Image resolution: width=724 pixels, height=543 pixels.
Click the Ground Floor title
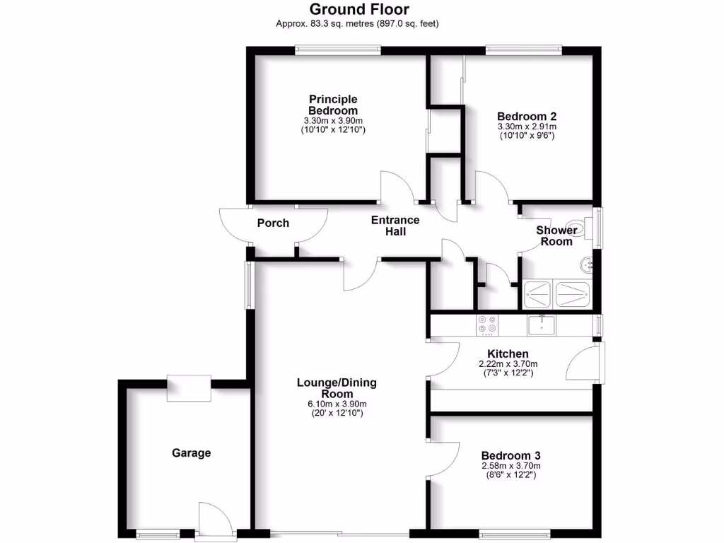tap(358, 9)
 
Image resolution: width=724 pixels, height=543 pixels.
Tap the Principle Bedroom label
tap(333, 105)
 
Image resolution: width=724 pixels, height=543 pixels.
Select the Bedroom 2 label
tap(526, 117)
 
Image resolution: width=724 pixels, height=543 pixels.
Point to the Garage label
tap(192, 452)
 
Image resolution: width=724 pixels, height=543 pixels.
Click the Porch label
tap(273, 223)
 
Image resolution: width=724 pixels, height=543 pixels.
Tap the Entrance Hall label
tap(395, 226)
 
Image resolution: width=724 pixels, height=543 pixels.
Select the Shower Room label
tap(556, 235)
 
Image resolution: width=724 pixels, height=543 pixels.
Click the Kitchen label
tap(508, 354)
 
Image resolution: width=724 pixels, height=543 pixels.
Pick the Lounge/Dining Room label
tap(337, 388)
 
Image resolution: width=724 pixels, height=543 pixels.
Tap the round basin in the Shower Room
tap(586, 264)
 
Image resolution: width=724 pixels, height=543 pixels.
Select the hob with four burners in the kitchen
tap(487, 324)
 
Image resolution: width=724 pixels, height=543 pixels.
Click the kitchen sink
tap(542, 325)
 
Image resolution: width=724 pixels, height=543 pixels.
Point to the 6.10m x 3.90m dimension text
tap(337, 404)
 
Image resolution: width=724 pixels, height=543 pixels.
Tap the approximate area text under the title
tap(358, 23)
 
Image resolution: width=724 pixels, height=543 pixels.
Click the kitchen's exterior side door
tap(584, 363)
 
